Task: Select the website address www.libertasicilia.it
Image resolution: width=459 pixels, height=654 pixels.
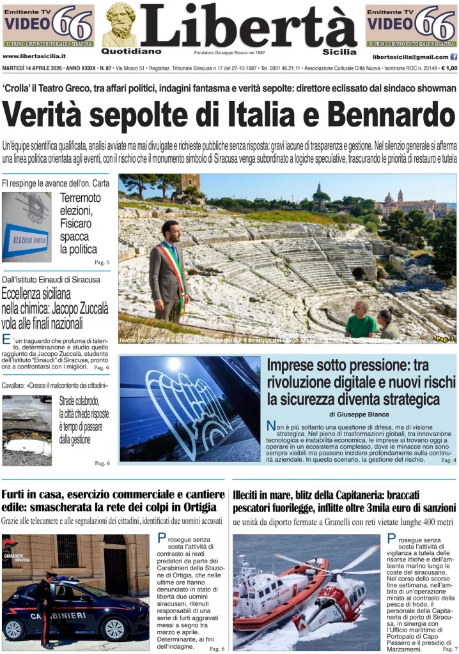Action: pyautogui.click(x=39, y=56)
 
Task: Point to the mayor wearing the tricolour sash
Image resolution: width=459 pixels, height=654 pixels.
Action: pyautogui.click(x=169, y=271)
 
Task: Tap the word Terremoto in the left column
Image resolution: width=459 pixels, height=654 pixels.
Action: pyautogui.click(x=81, y=198)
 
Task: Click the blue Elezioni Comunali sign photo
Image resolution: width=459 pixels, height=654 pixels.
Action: pyautogui.click(x=27, y=227)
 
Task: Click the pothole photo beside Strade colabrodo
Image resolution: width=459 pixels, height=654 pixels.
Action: pyautogui.click(x=27, y=430)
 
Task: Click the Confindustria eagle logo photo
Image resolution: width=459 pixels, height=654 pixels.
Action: pyautogui.click(x=190, y=409)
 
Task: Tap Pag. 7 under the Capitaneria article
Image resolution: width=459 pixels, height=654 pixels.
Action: pyautogui.click(x=450, y=648)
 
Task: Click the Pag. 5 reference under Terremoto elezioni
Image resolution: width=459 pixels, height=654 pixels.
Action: pyautogui.click(x=102, y=262)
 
